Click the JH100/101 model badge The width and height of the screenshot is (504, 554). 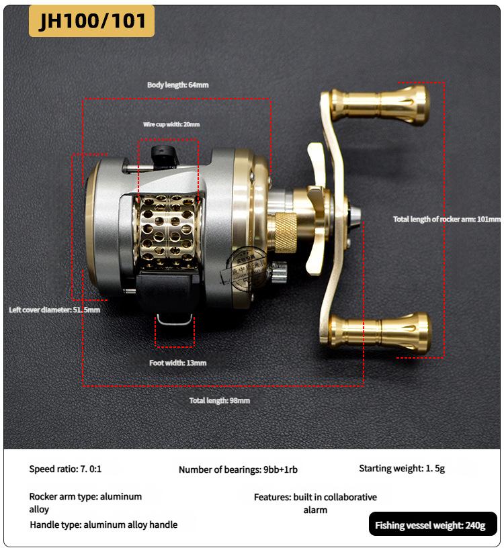[92, 21]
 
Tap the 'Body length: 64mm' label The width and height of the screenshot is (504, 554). [178, 85]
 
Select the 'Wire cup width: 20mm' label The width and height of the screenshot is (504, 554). [171, 124]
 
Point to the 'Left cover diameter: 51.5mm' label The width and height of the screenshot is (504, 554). [54, 310]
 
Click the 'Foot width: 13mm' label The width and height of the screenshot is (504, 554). [178, 363]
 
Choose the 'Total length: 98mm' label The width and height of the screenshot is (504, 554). [220, 401]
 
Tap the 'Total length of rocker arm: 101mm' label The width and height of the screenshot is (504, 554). [447, 220]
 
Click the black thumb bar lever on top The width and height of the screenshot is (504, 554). [163, 156]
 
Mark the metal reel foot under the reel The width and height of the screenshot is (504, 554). [174, 320]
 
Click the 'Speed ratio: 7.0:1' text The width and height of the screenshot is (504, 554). [65, 469]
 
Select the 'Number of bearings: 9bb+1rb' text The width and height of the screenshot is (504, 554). [239, 470]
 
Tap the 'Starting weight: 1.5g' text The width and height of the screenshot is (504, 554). [402, 469]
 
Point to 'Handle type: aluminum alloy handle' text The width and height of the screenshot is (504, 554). [103, 524]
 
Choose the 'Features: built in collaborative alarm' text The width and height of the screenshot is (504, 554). [315, 503]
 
